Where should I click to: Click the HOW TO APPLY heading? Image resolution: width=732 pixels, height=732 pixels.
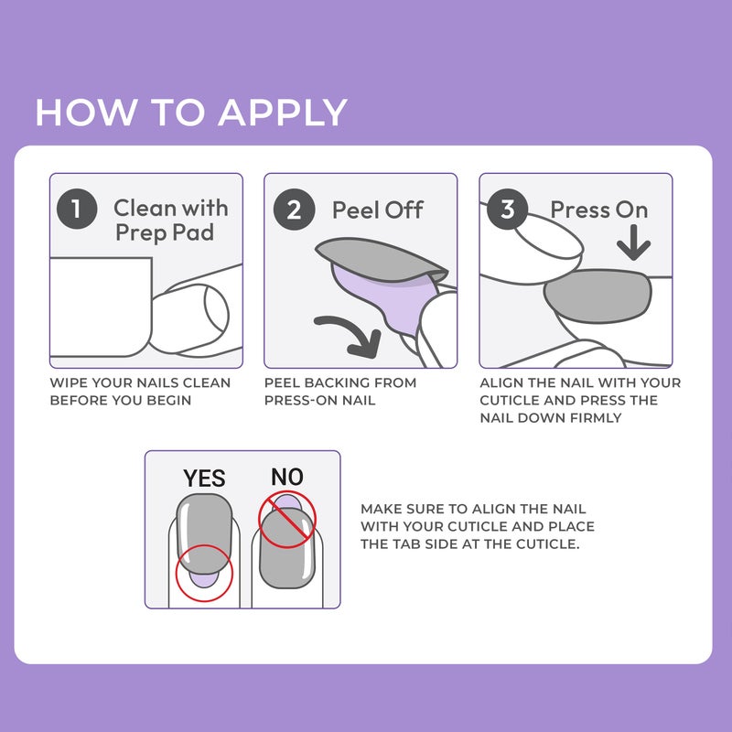tap(191, 112)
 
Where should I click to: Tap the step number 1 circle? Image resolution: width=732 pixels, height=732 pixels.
tap(77, 210)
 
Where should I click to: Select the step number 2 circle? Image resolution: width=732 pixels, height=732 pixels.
tap(294, 210)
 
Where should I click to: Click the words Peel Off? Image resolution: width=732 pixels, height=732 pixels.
tap(377, 210)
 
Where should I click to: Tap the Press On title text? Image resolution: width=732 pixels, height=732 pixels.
tap(598, 210)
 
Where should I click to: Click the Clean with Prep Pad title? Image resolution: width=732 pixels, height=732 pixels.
tap(170, 221)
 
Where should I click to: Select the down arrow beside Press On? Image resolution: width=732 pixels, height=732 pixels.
tap(632, 244)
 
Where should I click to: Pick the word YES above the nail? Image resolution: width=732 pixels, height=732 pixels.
tap(203, 478)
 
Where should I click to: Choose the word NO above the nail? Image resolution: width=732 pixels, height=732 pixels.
tap(286, 476)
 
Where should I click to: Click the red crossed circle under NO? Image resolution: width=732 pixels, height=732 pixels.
tap(286, 519)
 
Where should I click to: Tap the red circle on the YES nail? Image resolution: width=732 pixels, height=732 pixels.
tap(204, 574)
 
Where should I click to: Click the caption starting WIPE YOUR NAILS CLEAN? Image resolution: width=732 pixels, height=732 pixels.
tap(140, 392)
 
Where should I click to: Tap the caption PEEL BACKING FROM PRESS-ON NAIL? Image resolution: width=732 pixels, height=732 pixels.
tap(339, 392)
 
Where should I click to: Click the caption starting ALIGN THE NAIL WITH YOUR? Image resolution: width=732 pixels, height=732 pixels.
tap(580, 400)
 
